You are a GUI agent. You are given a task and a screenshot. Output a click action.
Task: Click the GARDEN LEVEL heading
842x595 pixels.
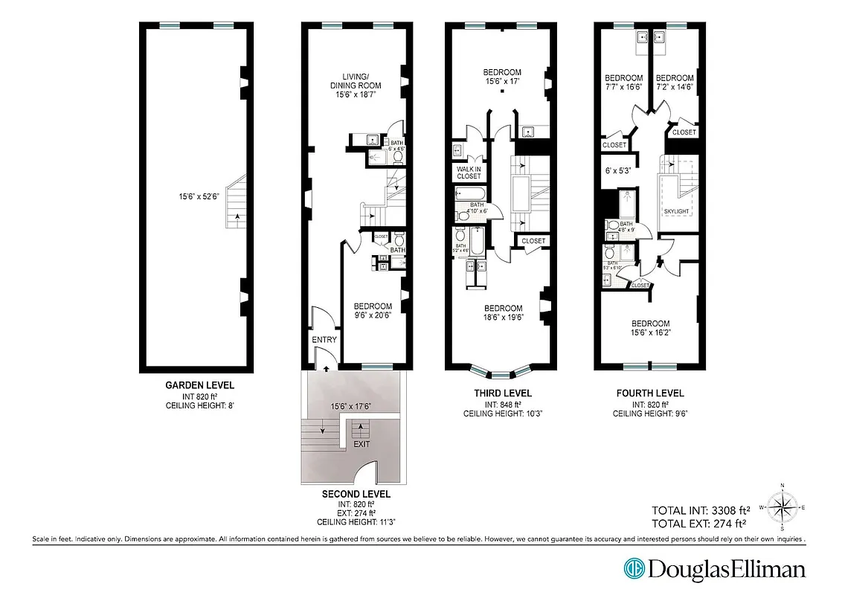coord(199,385)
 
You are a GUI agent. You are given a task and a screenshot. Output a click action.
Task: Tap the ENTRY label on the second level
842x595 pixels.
coord(324,340)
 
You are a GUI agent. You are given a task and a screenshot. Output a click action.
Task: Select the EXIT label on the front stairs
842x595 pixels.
coord(361,444)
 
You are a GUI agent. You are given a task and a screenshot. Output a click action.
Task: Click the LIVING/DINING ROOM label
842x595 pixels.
coord(356,86)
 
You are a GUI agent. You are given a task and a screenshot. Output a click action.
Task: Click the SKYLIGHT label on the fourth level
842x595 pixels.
coord(677,212)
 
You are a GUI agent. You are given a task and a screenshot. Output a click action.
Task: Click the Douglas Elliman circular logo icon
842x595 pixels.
coord(634,569)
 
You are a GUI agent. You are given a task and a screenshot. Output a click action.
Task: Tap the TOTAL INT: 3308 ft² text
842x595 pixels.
coord(700,510)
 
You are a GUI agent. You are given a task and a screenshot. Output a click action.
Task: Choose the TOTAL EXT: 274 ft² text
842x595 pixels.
coord(698,524)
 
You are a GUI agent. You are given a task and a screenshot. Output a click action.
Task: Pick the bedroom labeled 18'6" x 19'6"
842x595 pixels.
coord(504,312)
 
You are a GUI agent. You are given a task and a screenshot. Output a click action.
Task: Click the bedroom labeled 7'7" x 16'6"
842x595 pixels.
coord(623,82)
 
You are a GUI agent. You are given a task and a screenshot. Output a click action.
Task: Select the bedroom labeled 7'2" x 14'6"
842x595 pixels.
coord(675,82)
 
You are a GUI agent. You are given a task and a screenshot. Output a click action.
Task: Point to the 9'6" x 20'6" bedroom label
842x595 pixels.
coord(373,311)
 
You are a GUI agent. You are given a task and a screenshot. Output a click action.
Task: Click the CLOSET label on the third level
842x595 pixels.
coord(533,241)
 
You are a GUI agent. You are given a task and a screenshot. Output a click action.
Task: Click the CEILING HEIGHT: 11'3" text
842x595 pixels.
coord(356,522)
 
